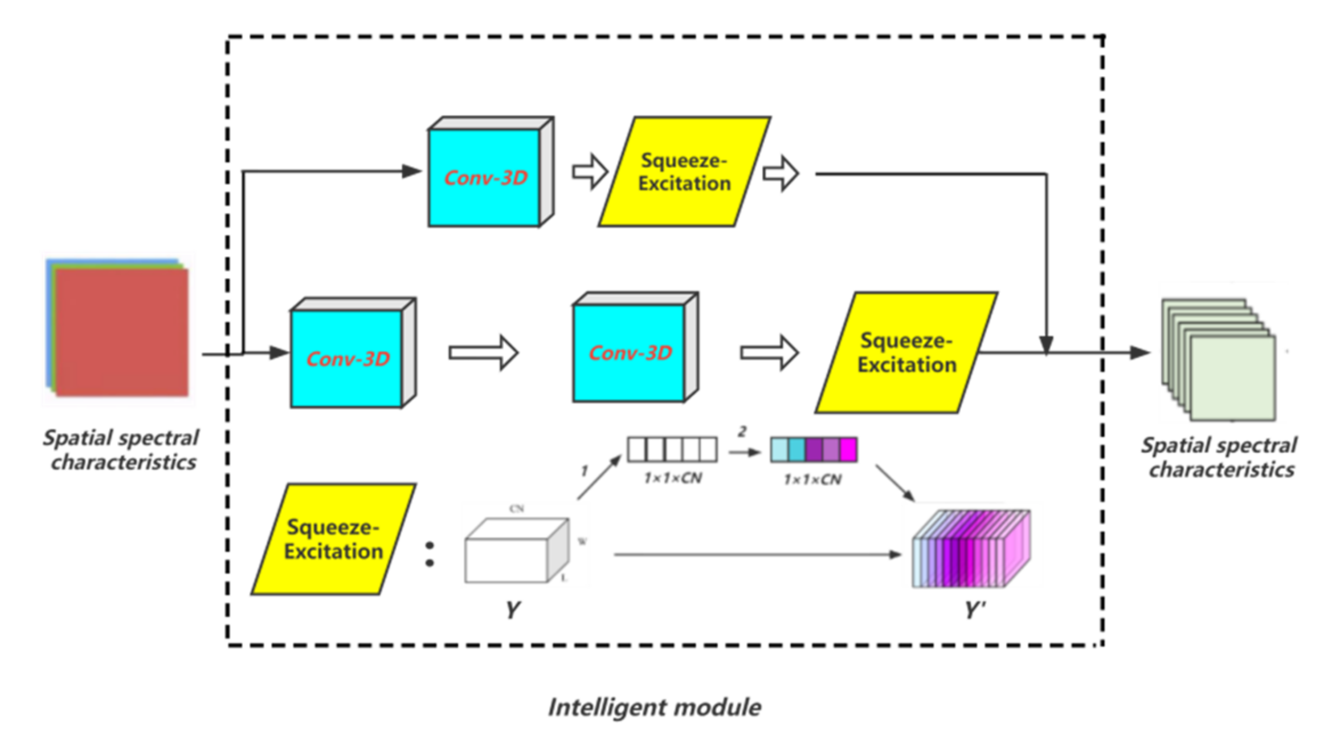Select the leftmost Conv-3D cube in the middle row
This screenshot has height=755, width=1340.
coord(348,358)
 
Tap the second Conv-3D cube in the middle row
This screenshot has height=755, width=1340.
coord(630,352)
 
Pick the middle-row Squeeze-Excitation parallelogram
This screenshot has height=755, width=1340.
coord(906,352)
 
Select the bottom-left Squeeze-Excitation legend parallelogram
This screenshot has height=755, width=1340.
coord(333,539)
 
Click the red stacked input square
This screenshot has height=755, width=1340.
coord(122,332)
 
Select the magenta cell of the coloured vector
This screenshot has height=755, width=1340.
coord(848,450)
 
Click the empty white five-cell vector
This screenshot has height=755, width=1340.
coord(672,449)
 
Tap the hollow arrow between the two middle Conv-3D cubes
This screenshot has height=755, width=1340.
coord(483,353)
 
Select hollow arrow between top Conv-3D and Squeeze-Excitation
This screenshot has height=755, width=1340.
coord(590,172)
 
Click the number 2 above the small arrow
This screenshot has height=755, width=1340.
coord(742,432)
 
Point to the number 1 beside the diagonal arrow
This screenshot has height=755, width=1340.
coord(584,471)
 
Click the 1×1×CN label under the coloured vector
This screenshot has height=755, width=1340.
coord(812,480)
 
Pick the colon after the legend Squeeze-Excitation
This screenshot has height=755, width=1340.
coord(430,554)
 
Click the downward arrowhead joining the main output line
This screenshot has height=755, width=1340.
coord(1046,345)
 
